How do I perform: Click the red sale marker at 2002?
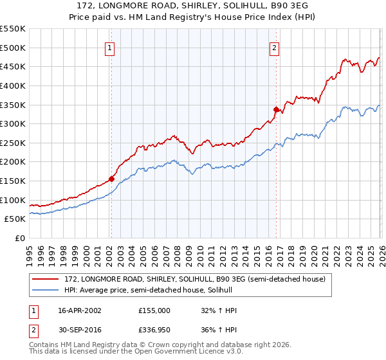tap(111, 179)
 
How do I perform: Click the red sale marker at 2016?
tap(276, 109)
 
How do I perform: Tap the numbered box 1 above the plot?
tap(110, 47)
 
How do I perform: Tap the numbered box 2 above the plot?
tap(275, 47)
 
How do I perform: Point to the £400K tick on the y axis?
tap(14, 85)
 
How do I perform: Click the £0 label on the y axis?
tap(19, 239)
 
